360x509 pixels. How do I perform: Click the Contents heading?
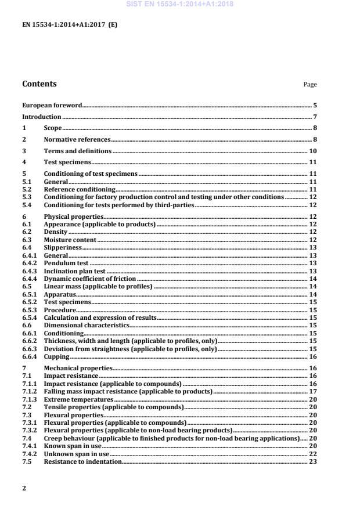click(x=39, y=84)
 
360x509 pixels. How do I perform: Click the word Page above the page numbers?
click(x=310, y=85)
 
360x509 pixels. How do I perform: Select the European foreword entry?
click(x=52, y=106)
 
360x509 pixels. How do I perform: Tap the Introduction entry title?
click(x=42, y=117)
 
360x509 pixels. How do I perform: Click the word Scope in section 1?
click(x=53, y=128)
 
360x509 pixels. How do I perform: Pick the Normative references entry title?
click(x=77, y=140)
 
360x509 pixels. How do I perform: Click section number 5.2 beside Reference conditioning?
click(x=26, y=190)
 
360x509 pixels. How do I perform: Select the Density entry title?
click(x=56, y=232)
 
